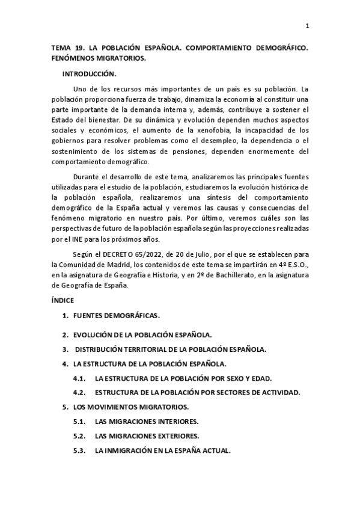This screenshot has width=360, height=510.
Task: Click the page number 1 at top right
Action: (x=307, y=26)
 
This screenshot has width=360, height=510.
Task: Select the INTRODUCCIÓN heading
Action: (x=89, y=73)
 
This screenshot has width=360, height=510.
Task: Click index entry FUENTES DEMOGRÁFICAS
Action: (x=117, y=316)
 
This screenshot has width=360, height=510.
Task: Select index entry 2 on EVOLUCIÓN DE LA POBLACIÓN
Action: (x=142, y=334)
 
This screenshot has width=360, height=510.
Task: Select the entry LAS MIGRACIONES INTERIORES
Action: (x=147, y=422)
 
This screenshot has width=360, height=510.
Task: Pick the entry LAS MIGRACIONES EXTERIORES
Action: (x=147, y=436)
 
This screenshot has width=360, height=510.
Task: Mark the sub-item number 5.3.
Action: (x=80, y=450)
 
